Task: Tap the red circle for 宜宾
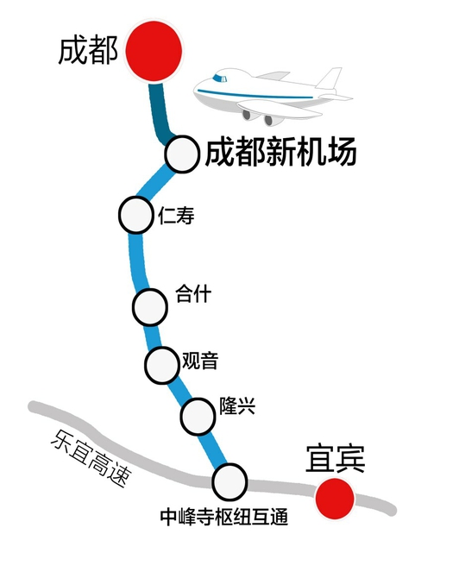point(335,499)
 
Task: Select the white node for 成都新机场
point(182,154)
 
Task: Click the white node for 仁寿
point(136,215)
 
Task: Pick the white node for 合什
point(150,307)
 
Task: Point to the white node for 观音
point(162,365)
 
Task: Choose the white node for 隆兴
point(198,416)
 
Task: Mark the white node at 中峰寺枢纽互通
point(229,481)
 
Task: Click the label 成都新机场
point(281,152)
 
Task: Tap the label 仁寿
point(176,216)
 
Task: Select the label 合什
point(193,294)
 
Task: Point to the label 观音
point(200,361)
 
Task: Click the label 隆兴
point(237,405)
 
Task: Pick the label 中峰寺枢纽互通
point(224,517)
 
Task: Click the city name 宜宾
point(335,459)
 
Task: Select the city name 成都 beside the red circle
point(88,50)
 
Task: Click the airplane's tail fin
point(330,79)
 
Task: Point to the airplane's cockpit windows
point(220,79)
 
